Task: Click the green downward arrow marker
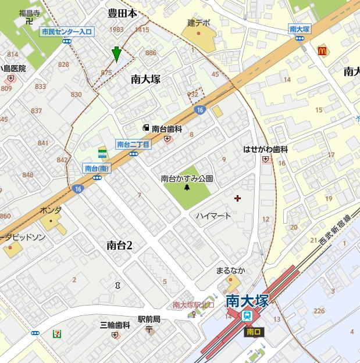(x=116, y=54)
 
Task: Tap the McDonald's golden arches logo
(x=322, y=51)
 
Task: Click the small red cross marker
(x=237, y=199)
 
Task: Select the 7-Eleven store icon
(x=58, y=333)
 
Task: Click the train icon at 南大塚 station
(x=248, y=316)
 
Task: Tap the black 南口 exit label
(x=254, y=332)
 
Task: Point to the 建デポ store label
(x=198, y=23)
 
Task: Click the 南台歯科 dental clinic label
(x=167, y=128)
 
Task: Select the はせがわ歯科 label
(x=265, y=149)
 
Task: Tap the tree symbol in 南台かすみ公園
(x=187, y=188)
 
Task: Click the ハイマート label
(x=213, y=216)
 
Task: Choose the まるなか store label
(x=230, y=271)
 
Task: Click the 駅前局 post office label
(x=149, y=319)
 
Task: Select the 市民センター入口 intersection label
(x=67, y=33)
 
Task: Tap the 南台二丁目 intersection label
(x=133, y=145)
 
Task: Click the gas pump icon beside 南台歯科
(x=145, y=128)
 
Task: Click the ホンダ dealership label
(x=51, y=210)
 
